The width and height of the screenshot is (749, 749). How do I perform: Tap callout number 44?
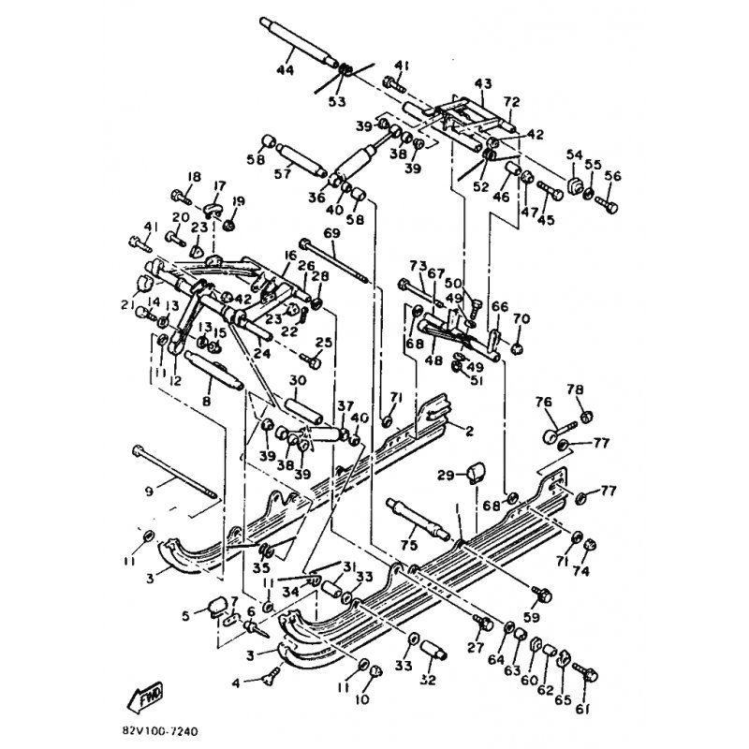click(285, 70)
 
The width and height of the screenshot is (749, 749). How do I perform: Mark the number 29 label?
click(447, 476)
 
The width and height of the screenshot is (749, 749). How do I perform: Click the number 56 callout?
click(613, 175)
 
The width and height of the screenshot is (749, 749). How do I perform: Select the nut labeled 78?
click(585, 415)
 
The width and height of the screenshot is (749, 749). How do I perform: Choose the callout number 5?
click(185, 616)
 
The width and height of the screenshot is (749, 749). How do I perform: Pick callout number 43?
click(483, 84)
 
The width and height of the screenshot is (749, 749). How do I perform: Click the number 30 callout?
click(298, 380)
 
